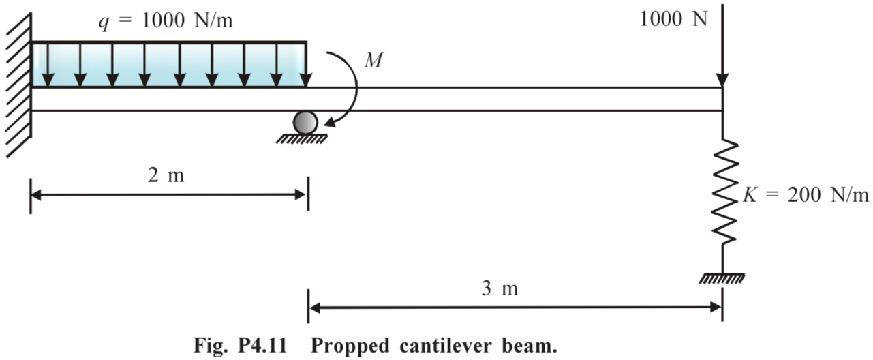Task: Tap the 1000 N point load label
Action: click(x=673, y=19)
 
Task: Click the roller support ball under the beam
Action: click(x=305, y=123)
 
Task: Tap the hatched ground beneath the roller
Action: click(x=302, y=139)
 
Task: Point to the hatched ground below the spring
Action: click(x=722, y=278)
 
